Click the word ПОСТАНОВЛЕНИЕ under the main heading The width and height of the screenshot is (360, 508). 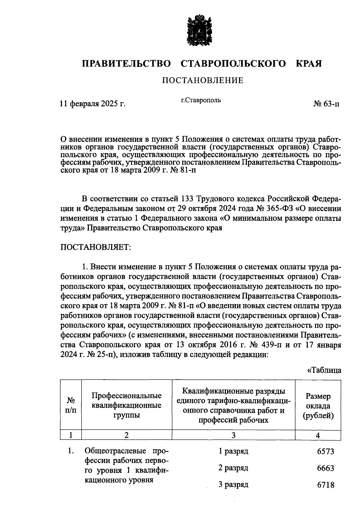(202, 80)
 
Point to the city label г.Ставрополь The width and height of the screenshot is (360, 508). (201, 100)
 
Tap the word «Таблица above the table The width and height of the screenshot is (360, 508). (324, 370)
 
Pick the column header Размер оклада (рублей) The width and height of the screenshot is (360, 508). (318, 406)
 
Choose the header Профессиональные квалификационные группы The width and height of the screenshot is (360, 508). (127, 405)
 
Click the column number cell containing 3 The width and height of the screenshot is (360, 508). (233, 435)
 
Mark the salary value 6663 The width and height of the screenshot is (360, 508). (325, 468)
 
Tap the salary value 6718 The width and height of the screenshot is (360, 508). (325, 485)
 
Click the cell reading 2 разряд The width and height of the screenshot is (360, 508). (233, 468)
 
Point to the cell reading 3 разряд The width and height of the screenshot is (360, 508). (233, 484)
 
